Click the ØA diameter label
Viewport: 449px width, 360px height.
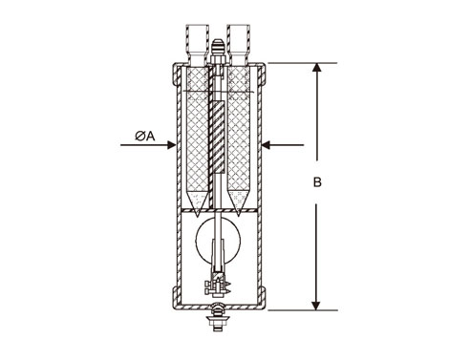145,136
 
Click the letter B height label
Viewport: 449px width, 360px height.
317,182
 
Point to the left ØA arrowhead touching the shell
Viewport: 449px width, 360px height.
171,145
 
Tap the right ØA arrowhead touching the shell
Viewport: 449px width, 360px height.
266,145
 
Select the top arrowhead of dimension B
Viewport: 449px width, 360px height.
316,68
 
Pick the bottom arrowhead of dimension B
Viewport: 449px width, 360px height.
316,306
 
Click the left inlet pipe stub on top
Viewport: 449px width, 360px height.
197,44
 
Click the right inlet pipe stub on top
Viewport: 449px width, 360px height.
239,44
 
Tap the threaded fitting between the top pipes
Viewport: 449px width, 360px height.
218,52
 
